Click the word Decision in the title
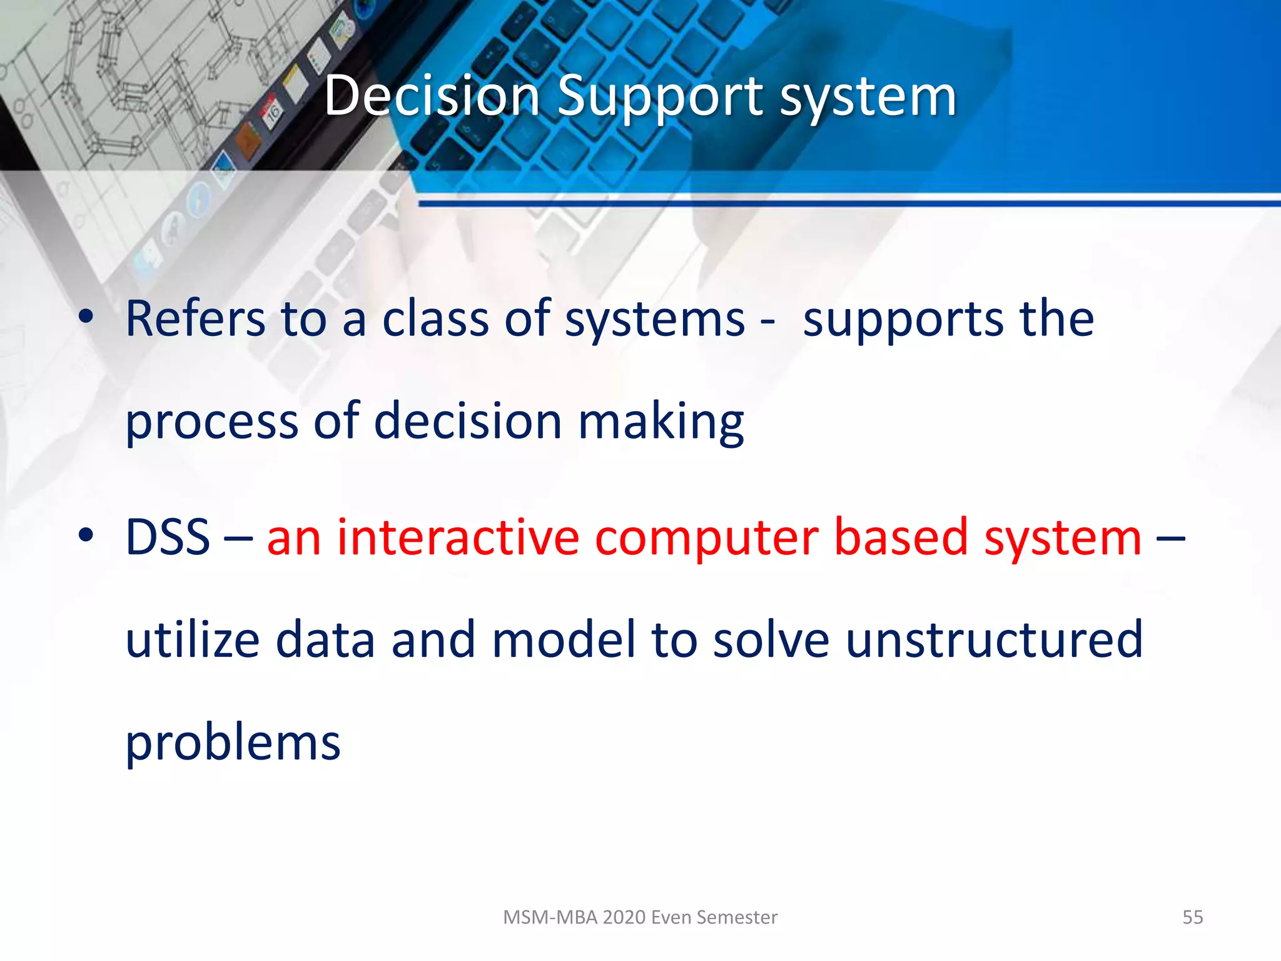point(432,97)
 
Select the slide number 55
point(1192,917)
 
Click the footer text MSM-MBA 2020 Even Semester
point(640,917)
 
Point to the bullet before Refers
point(86,317)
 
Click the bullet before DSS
point(86,536)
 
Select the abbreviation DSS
point(168,537)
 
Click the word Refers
point(195,319)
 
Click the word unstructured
point(994,639)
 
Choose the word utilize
point(193,639)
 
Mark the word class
point(435,319)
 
